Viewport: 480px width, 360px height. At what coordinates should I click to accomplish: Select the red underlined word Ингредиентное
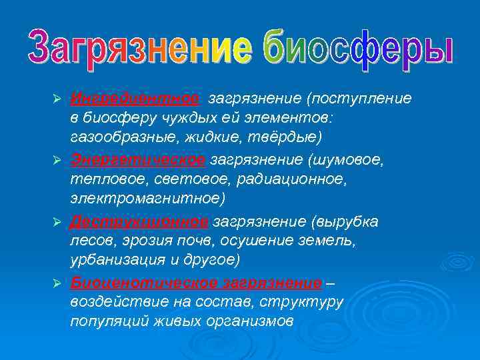click(135, 99)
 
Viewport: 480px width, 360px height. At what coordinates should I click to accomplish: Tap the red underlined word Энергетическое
click(137, 160)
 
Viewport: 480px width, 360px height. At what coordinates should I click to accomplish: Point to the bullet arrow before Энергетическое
click(57, 161)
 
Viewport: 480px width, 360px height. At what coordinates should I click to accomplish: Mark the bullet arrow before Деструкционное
click(57, 222)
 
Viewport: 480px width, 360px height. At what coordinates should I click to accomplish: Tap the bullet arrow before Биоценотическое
click(57, 283)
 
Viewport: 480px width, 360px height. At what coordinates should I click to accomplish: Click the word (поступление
click(359, 99)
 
